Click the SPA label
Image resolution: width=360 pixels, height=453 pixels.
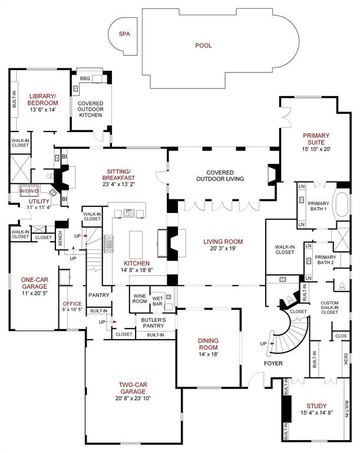[124, 34]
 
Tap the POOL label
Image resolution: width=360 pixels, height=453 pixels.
[203, 45]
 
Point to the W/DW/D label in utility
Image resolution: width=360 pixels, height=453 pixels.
[28, 192]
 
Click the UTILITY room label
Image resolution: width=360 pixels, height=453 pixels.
[23, 201]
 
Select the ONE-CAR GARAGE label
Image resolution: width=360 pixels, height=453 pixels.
[35, 284]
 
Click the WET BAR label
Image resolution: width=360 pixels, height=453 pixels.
[157, 299]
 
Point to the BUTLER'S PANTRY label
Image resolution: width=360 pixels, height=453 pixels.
[154, 323]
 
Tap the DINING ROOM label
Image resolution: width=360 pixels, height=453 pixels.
[207, 344]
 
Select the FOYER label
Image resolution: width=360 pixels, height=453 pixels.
[273, 363]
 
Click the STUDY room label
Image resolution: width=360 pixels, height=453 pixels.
[316, 406]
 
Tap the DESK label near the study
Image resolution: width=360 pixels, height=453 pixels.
[346, 358]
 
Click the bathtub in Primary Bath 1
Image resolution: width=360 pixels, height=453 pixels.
[342, 204]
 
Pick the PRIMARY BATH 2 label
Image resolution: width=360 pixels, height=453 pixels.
[325, 260]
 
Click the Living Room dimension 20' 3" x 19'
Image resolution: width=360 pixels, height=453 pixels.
[223, 249]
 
